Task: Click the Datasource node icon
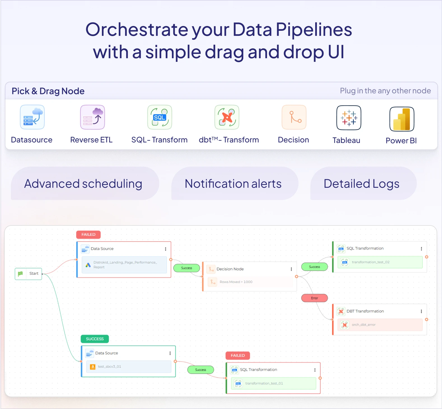tap(32, 117)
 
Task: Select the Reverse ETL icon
tap(92, 117)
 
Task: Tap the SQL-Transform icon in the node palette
tap(160, 117)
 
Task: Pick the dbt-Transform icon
tap(227, 117)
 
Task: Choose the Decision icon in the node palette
tap(294, 117)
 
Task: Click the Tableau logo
tap(349, 118)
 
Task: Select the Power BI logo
tap(402, 119)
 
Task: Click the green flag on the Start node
tap(20, 274)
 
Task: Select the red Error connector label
tap(314, 298)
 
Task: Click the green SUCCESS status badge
tap(95, 339)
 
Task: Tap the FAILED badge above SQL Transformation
tap(238, 356)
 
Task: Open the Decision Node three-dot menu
tap(291, 269)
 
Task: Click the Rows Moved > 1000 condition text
tap(236, 282)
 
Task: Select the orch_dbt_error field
tap(364, 325)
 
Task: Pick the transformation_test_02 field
tap(371, 262)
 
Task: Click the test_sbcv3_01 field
tap(109, 366)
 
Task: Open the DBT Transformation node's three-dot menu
tap(421, 311)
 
